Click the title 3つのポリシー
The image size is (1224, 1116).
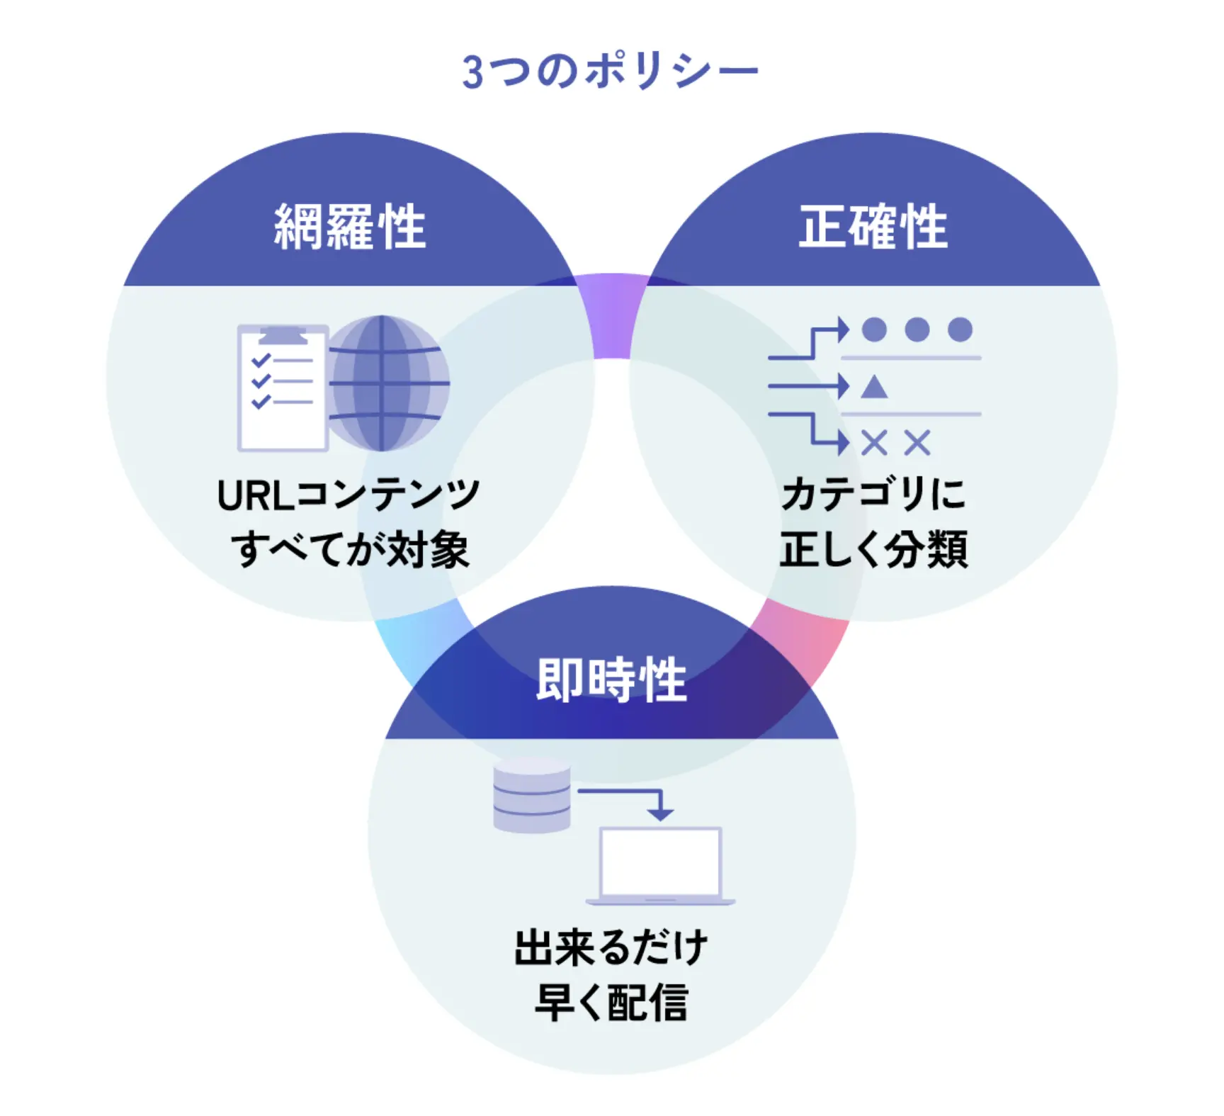pos(610,72)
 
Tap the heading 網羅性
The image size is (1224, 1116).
pos(350,227)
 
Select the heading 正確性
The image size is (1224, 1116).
pos(873,227)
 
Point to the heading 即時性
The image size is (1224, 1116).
pos(611,680)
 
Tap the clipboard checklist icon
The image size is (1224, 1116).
pos(282,388)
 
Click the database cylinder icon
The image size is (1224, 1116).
pos(531,795)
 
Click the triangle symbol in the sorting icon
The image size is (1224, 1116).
pos(874,387)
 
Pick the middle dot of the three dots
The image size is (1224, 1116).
pos(917,329)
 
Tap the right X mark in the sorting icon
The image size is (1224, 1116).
pos(917,444)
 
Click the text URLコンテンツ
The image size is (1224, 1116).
pos(348,495)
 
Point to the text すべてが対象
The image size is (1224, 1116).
pos(350,549)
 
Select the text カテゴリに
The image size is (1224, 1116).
pos(873,494)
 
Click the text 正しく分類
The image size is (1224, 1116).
pos(873,549)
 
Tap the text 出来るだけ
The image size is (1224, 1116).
pos(611,947)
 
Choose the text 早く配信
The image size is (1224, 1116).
pos(611,1002)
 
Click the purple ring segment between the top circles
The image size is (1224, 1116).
pos(612,315)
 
